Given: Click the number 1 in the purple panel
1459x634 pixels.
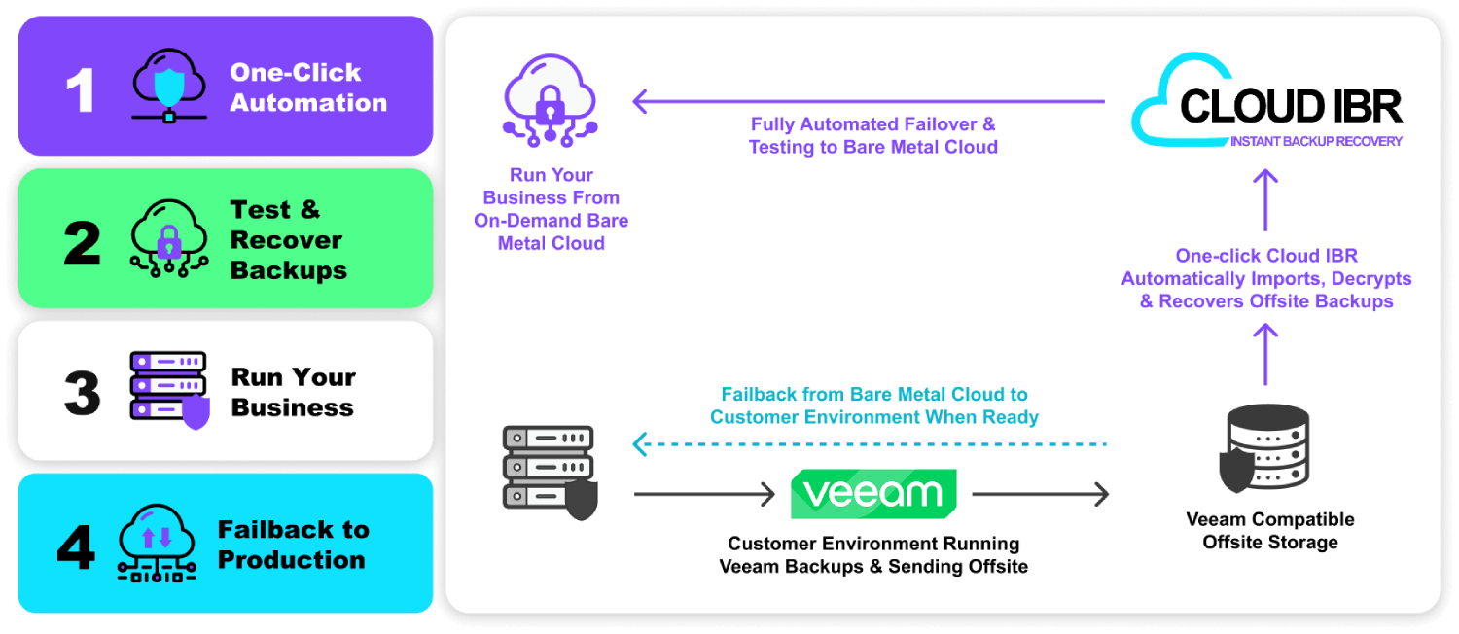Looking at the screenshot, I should tap(81, 89).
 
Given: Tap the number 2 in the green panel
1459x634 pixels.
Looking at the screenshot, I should tap(82, 242).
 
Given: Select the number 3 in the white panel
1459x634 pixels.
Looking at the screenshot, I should tap(82, 394).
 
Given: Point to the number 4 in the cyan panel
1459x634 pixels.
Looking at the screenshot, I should tap(76, 546).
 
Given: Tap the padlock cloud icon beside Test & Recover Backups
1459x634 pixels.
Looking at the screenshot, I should tap(169, 240).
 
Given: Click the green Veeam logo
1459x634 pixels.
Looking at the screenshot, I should tap(873, 494).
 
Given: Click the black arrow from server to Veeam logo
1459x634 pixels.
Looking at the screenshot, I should tap(704, 495).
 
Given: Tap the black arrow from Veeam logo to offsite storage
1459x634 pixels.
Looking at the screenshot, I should tap(1040, 495).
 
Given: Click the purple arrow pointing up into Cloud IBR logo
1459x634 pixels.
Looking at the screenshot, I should tap(1264, 191).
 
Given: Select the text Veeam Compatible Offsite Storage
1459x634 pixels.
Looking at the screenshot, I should tap(1270, 531).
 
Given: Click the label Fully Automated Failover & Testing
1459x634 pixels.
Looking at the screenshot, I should tap(872, 136).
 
